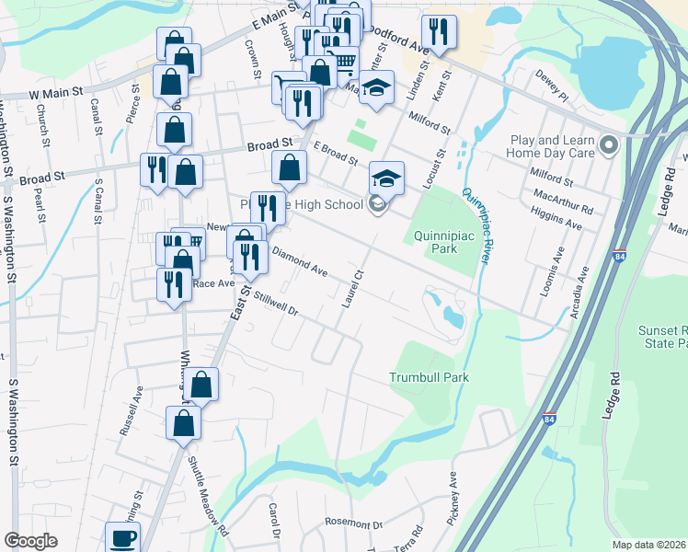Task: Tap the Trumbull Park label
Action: tap(429, 377)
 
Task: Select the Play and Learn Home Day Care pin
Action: tap(608, 146)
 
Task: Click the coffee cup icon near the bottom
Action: tap(122, 537)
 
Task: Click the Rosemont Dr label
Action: tap(353, 524)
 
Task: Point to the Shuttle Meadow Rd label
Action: tap(207, 497)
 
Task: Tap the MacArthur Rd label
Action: tap(562, 201)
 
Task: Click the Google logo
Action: tap(30, 540)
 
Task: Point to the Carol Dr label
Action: tap(273, 521)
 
